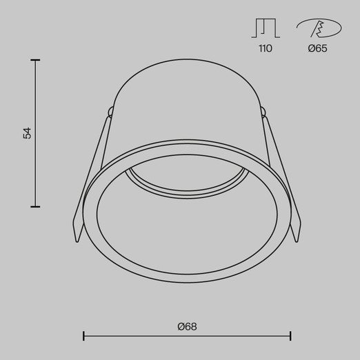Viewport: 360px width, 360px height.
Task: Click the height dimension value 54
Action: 27,133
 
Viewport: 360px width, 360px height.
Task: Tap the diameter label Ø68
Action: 187,327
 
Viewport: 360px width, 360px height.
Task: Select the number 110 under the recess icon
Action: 266,48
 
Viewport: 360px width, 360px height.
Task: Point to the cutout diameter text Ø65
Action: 317,48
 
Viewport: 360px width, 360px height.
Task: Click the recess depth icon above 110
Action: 266,28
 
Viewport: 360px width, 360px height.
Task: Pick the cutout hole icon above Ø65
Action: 319,28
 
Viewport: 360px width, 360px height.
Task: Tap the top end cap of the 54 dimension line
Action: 35,60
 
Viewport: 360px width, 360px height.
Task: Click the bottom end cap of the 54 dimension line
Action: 35,207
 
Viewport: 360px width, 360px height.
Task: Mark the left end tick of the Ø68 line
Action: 83,336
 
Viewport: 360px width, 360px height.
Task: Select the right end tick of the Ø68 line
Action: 290,336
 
